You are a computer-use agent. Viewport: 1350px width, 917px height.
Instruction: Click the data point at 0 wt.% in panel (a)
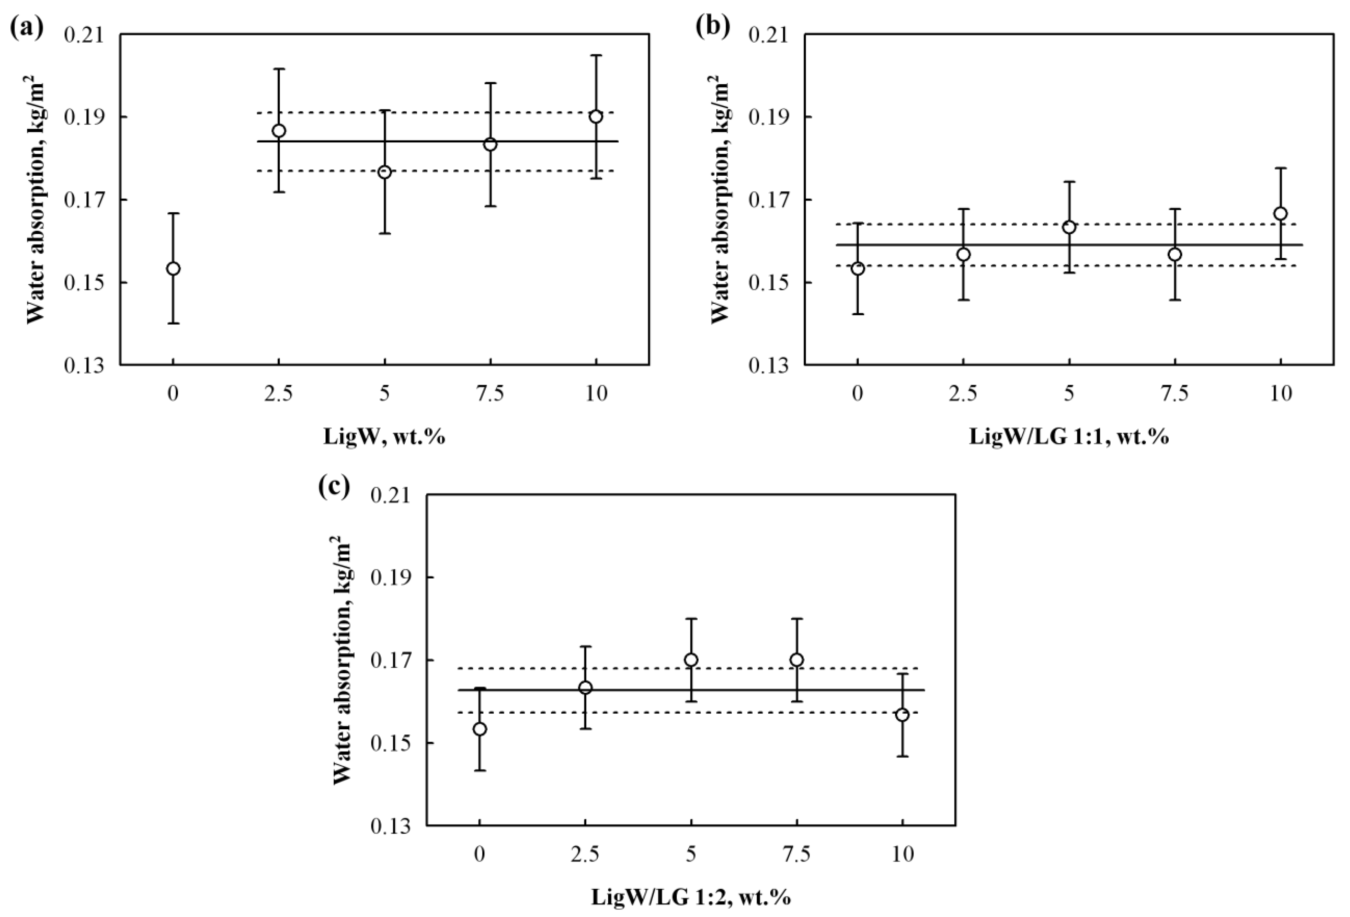click(x=173, y=268)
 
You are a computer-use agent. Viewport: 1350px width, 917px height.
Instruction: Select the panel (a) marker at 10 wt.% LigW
click(x=596, y=116)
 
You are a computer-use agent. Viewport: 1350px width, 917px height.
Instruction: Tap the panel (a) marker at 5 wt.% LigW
click(x=384, y=172)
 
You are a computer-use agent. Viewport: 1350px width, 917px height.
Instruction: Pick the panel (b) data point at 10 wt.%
click(x=1280, y=213)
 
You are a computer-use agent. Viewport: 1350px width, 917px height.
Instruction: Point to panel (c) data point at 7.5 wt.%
click(x=796, y=660)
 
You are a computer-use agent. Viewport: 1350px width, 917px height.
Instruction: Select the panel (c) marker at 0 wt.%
click(x=480, y=729)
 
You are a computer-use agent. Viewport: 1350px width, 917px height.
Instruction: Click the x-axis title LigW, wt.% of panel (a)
click(x=384, y=436)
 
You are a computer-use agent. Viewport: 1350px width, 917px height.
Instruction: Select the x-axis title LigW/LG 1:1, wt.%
click(x=1069, y=436)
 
